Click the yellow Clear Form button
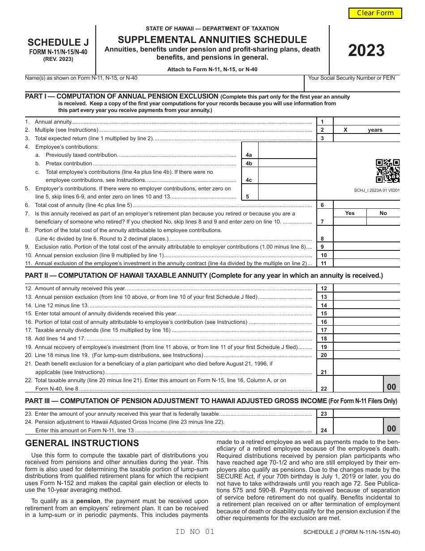pyautogui.click(x=375, y=13)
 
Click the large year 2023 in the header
pyautogui.click(x=366, y=51)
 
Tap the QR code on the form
pyautogui.click(x=387, y=171)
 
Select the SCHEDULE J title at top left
pyautogui.click(x=58, y=43)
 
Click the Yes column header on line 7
pyautogui.click(x=350, y=213)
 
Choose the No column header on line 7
pyautogui.click(x=383, y=213)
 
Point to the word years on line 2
pyautogui.click(x=375, y=130)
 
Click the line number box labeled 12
pyautogui.click(x=324, y=288)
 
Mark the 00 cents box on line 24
pyautogui.click(x=391, y=428)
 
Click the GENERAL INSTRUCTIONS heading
pyautogui.click(x=82, y=443)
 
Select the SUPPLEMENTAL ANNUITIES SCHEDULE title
pyautogui.click(x=212, y=39)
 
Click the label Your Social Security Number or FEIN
pyautogui.click(x=352, y=78)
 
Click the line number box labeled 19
pyautogui.click(x=324, y=347)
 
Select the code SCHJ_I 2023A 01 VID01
pyautogui.click(x=377, y=190)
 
